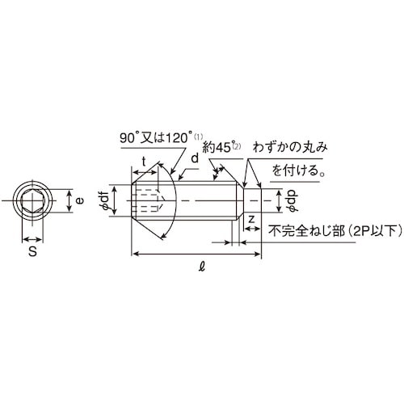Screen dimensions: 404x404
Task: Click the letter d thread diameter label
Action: tap(194, 161)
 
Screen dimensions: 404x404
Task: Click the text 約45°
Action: tap(218, 147)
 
